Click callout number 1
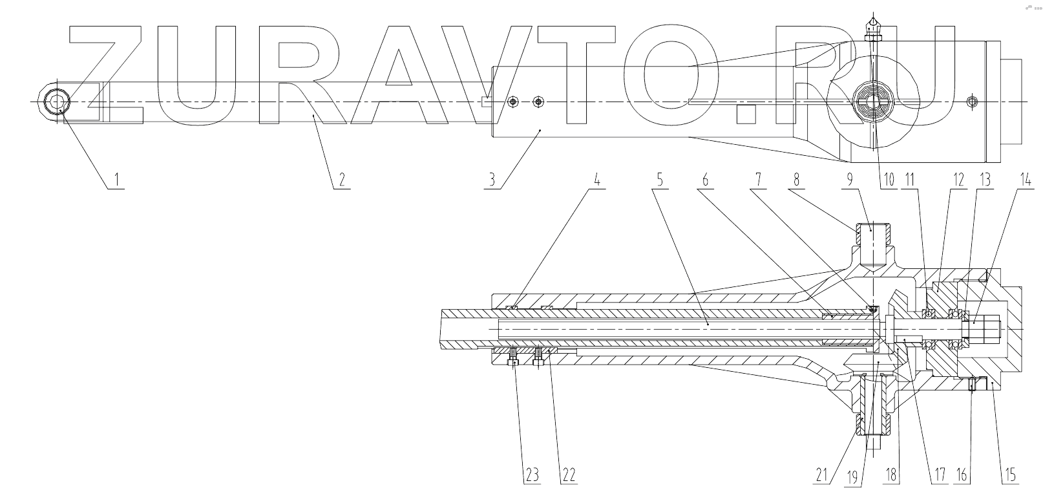click(116, 179)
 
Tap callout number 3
click(492, 179)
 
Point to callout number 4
click(597, 179)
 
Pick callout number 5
click(660, 179)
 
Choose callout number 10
click(890, 179)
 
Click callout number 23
click(531, 476)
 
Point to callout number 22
click(569, 476)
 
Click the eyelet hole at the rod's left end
click(58, 102)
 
